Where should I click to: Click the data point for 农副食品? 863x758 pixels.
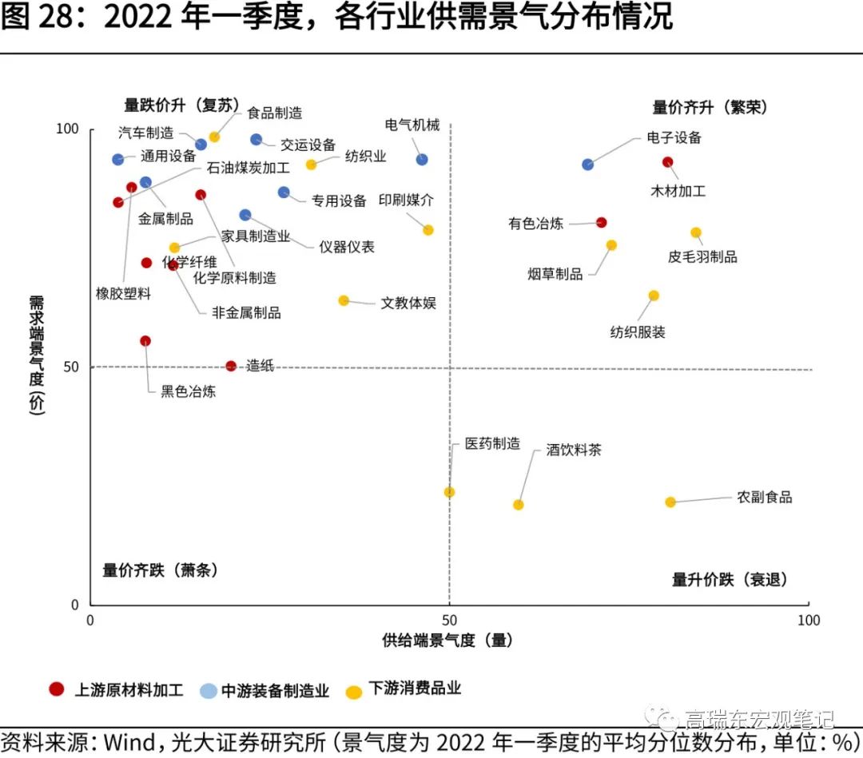coord(670,502)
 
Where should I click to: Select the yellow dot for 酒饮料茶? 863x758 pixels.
coord(518,504)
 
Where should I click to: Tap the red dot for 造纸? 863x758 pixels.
coord(231,366)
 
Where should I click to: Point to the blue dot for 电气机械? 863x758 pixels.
coord(422,159)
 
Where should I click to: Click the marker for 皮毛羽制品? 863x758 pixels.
coord(696,232)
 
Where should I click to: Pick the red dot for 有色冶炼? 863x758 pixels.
coord(602,222)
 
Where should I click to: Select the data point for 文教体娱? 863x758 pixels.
coord(344,300)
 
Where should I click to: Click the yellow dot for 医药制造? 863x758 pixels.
coord(449,492)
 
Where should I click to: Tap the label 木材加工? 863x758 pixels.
coord(678,192)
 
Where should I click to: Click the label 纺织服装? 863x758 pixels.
coord(638,332)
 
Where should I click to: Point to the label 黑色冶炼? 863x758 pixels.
coord(189,391)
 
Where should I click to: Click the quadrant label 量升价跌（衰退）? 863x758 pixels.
coord(730,579)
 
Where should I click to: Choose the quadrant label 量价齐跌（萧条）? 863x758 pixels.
coord(160,570)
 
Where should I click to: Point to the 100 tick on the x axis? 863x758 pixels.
coord(809,621)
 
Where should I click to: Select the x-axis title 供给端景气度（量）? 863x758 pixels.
coord(447,641)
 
